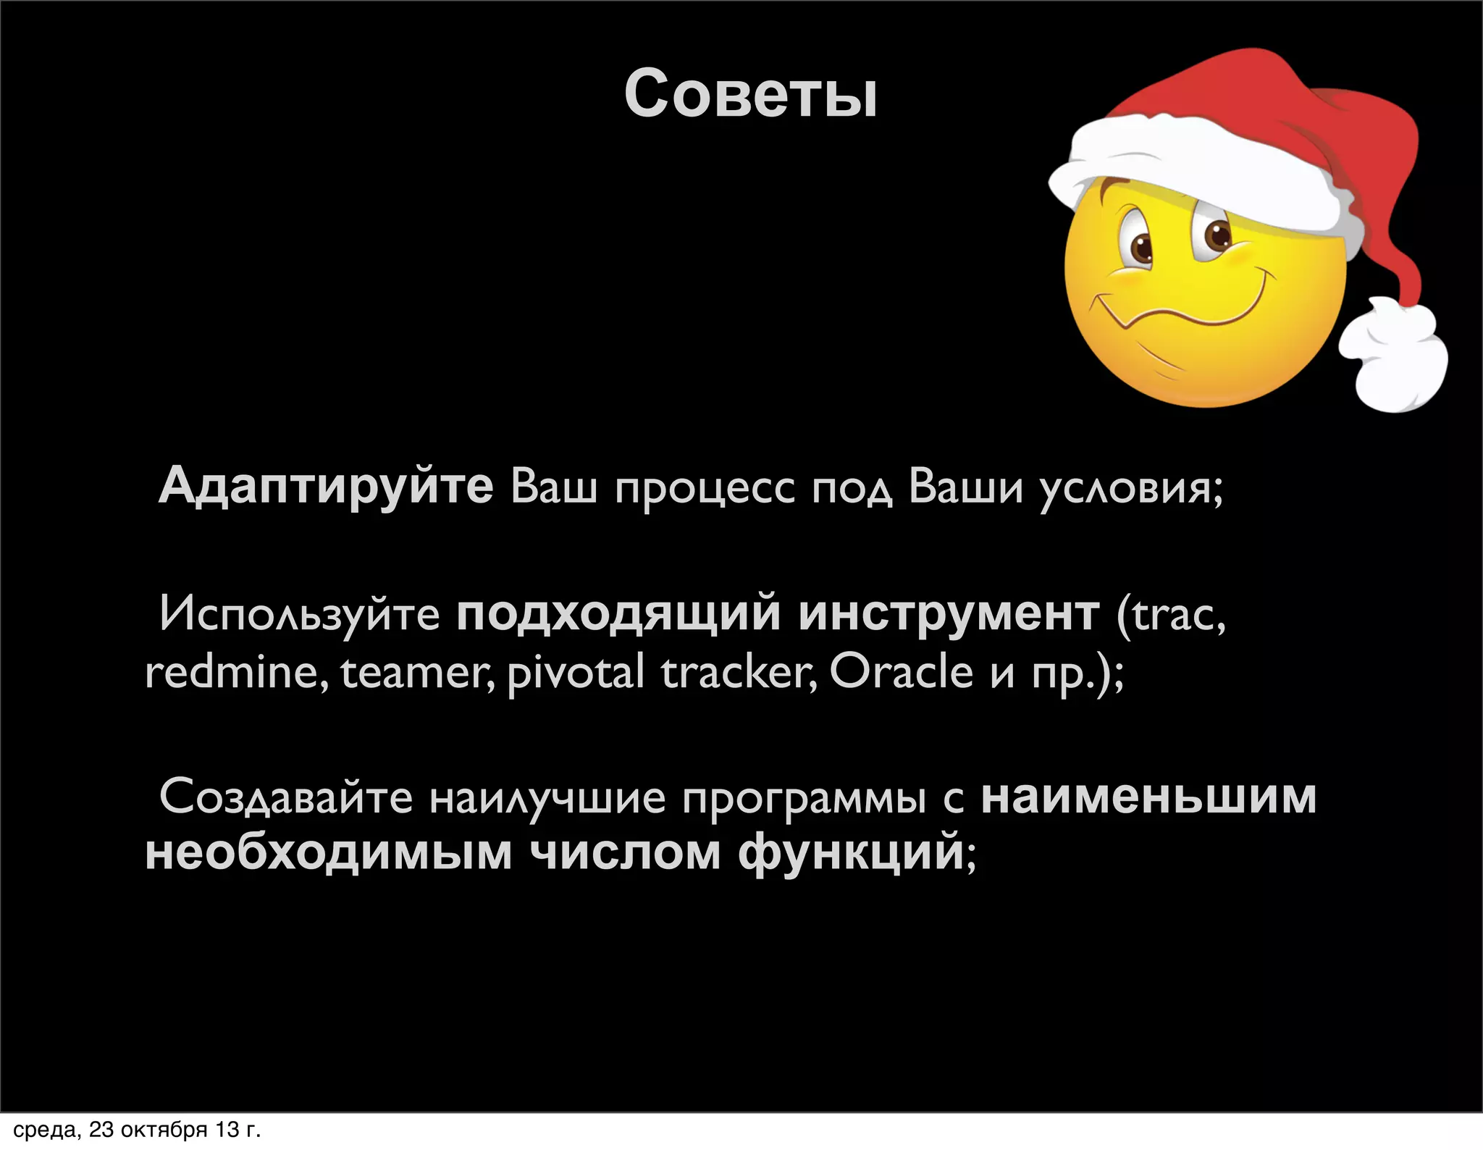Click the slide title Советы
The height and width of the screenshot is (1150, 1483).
point(750,94)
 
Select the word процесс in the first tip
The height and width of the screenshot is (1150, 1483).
point(704,489)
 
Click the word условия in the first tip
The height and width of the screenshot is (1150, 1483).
point(1130,489)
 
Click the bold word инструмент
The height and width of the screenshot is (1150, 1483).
point(949,614)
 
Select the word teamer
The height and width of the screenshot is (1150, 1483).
point(418,672)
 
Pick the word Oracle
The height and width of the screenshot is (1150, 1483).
point(900,671)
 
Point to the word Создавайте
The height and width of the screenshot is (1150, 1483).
point(285,797)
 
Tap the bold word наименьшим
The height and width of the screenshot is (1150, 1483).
point(1148,797)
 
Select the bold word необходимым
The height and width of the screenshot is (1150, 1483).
point(329,852)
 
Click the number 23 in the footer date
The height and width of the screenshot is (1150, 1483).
point(101,1130)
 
